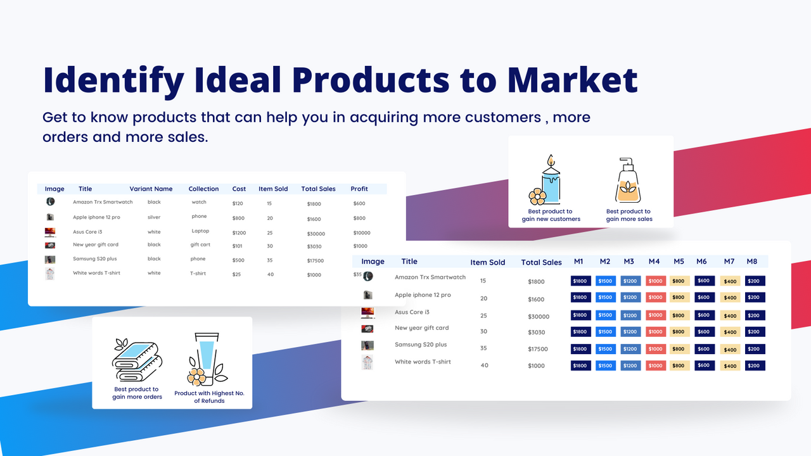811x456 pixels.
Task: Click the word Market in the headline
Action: (x=572, y=80)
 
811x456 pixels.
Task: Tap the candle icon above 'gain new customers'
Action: (x=547, y=180)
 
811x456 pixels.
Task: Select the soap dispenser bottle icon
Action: (x=629, y=181)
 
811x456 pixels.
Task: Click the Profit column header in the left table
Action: (x=359, y=189)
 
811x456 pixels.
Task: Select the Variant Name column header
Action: (x=151, y=189)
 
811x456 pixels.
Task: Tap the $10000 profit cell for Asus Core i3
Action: (x=361, y=232)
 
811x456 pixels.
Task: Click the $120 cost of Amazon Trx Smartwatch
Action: (x=238, y=203)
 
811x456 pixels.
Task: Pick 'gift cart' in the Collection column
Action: (x=200, y=244)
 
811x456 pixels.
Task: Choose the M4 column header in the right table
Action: (x=654, y=262)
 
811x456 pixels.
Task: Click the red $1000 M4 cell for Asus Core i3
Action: (x=655, y=315)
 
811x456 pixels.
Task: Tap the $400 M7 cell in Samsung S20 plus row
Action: (x=730, y=350)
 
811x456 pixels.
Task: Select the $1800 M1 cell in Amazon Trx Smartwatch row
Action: (x=580, y=281)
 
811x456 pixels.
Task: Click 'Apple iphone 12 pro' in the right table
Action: (x=423, y=295)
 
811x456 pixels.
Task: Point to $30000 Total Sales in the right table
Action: (x=538, y=317)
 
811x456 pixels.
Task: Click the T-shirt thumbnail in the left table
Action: (x=50, y=274)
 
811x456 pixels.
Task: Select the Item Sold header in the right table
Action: (x=487, y=262)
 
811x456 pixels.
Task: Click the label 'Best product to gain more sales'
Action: (x=629, y=215)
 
